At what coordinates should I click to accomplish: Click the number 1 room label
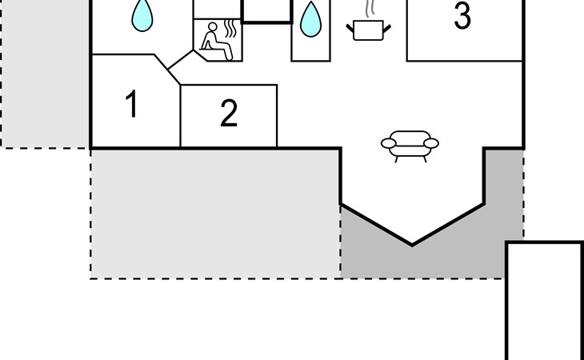pyautogui.click(x=132, y=105)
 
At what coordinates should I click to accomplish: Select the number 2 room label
pyautogui.click(x=229, y=114)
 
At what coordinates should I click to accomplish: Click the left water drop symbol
pyautogui.click(x=142, y=15)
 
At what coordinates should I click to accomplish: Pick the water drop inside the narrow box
pyautogui.click(x=310, y=21)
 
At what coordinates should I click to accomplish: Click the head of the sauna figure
pyautogui.click(x=213, y=30)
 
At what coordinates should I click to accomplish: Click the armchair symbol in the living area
pyautogui.click(x=410, y=145)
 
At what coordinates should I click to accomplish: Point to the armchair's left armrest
pyautogui.click(x=389, y=143)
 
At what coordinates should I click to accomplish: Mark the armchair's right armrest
pyautogui.click(x=431, y=143)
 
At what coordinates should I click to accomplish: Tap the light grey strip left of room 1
pyautogui.click(x=44, y=80)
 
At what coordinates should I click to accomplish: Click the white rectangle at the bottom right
pyautogui.click(x=545, y=300)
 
